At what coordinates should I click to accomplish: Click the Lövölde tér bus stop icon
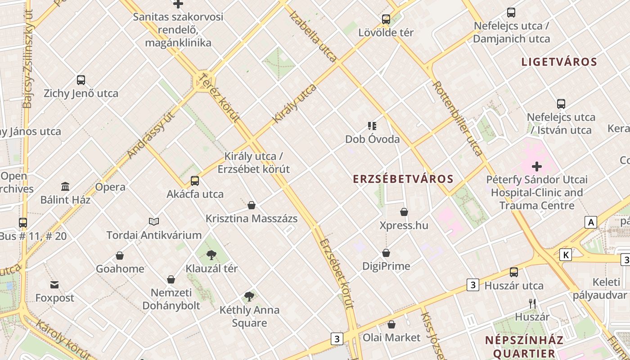[386, 19]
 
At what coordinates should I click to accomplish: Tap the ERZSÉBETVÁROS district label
[403, 179]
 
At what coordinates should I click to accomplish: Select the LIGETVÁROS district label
[559, 62]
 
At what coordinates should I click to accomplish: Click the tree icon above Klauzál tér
[211, 255]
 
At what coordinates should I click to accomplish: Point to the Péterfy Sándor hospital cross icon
[536, 166]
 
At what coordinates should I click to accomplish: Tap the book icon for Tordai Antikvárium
[154, 221]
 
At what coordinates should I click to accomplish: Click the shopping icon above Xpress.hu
[404, 211]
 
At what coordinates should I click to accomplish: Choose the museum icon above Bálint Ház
[65, 186]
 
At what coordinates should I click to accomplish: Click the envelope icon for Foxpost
[54, 284]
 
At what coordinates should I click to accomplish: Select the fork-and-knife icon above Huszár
[532, 303]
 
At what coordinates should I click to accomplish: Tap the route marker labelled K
[566, 255]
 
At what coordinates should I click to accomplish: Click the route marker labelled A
[590, 222]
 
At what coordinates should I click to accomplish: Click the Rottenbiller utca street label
[457, 118]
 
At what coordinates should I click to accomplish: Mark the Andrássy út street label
[151, 135]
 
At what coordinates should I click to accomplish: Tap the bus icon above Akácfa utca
[195, 181]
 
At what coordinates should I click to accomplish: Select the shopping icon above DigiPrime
[386, 253]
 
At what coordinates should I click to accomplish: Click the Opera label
[110, 187]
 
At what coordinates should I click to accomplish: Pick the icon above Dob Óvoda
[372, 126]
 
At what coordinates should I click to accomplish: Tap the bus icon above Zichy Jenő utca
[81, 80]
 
